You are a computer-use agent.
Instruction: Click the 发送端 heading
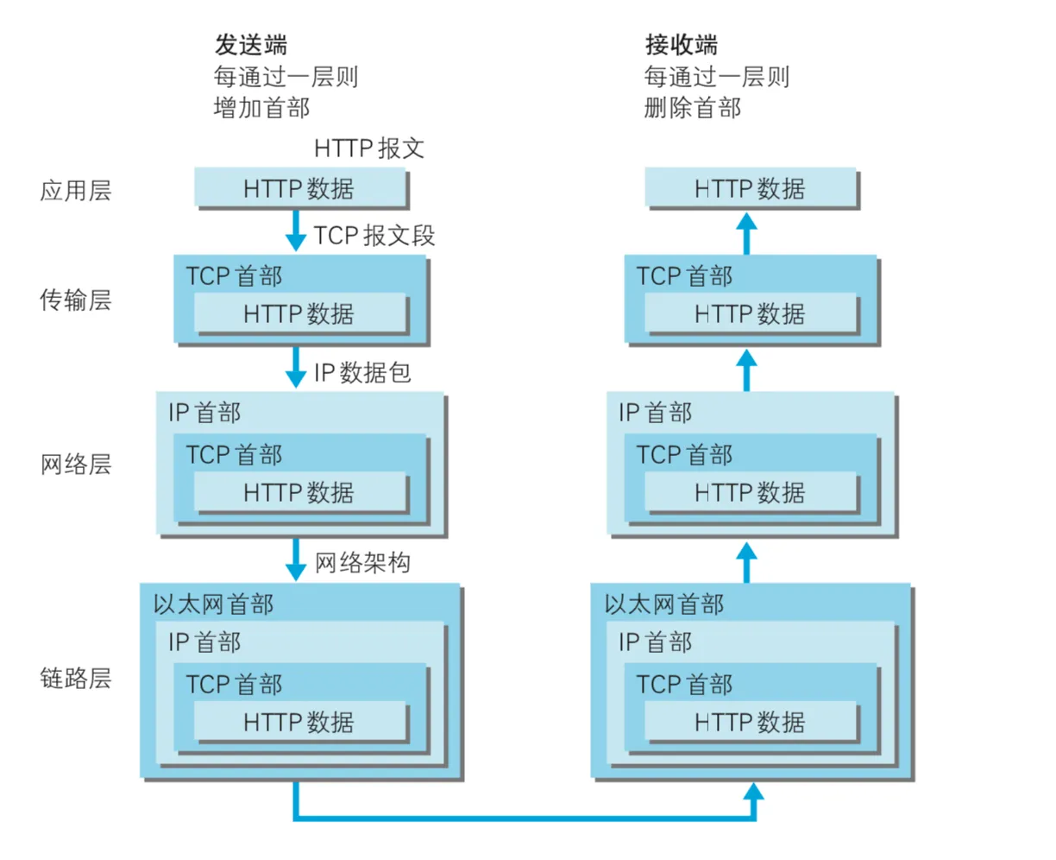250,45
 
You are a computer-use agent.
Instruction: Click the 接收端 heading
681,45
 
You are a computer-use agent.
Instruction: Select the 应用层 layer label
76,190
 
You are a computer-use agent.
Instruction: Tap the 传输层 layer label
76,300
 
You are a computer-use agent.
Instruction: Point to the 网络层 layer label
76,465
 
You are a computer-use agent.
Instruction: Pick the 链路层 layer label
76,678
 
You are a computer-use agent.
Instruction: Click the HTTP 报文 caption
369,149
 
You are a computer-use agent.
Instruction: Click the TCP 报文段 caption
374,236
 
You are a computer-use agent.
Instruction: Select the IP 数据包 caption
362,373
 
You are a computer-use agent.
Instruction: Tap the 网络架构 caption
362,563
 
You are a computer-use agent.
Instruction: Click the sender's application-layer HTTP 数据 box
299,188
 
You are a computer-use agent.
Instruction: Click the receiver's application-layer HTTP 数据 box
750,188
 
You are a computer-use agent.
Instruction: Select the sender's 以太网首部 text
213,604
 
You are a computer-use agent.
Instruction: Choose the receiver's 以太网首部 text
663,604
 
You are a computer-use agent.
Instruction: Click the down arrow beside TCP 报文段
296,231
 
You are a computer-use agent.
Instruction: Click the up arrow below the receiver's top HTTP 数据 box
747,233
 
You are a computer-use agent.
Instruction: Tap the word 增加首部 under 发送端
261,108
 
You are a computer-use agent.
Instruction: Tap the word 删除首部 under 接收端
692,108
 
